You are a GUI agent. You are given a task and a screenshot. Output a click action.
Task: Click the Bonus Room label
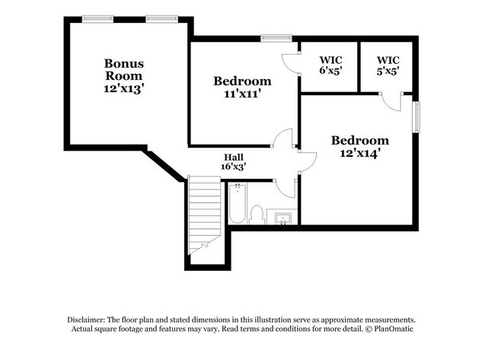[124, 70]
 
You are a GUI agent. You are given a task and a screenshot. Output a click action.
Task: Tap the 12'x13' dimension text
[124, 89]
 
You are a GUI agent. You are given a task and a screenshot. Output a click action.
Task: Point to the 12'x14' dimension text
[359, 153]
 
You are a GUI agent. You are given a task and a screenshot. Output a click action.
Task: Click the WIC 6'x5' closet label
[331, 65]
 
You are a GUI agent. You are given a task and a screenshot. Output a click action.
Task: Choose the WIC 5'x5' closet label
[388, 65]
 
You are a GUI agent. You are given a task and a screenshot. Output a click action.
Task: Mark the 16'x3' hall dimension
[233, 165]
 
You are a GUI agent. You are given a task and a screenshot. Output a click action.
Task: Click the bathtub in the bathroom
[237, 203]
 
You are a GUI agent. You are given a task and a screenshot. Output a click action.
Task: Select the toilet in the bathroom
[257, 215]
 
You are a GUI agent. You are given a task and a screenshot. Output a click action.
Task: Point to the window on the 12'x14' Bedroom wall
[417, 117]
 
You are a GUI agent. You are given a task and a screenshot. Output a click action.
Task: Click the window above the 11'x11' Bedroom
[275, 37]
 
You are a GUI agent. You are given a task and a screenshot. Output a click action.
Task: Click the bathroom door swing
[286, 186]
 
